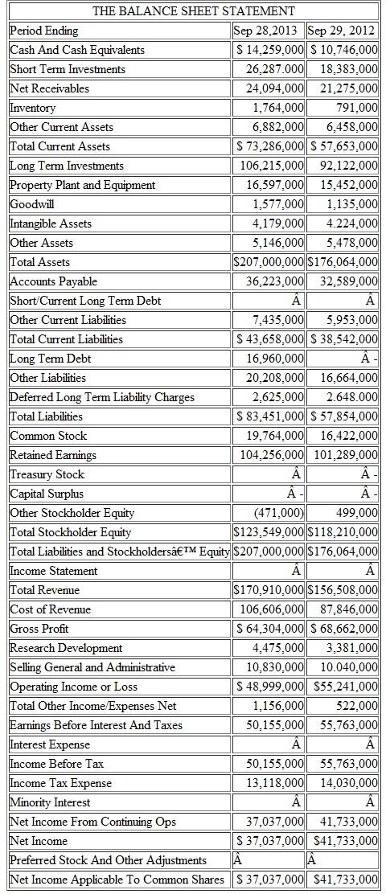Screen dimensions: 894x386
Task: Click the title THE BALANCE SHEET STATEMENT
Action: click(193, 11)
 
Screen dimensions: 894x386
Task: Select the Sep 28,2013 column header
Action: click(268, 31)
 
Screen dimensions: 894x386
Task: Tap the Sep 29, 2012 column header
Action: click(343, 31)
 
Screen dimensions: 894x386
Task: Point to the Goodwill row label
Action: click(32, 204)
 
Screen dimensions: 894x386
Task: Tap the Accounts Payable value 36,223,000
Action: click(274, 281)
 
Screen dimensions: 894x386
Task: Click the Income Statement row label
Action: click(53, 571)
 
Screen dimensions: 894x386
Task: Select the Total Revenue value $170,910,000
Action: click(268, 590)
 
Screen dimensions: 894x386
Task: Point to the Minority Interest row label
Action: click(50, 802)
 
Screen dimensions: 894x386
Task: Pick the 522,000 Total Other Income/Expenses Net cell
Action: click(358, 706)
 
